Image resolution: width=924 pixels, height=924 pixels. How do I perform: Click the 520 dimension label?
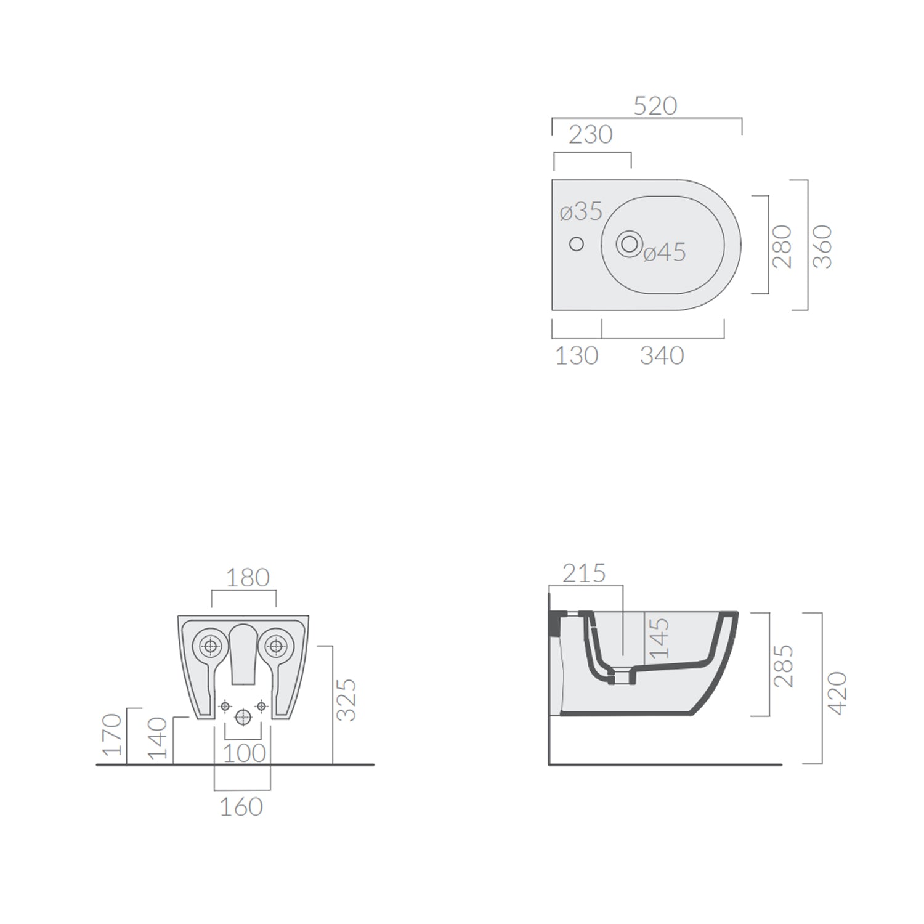coord(655,107)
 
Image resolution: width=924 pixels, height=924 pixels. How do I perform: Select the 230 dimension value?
coord(590,135)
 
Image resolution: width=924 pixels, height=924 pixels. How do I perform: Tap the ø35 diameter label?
coord(581,211)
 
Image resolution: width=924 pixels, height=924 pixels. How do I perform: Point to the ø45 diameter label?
coord(665,253)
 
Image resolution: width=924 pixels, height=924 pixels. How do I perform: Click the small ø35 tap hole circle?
coord(576,245)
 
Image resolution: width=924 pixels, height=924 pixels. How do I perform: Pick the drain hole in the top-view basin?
coord(629,244)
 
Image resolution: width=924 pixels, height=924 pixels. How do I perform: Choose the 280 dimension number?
coord(782,246)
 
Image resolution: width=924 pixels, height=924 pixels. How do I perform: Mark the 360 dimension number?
coord(822,246)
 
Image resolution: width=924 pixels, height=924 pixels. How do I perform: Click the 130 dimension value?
coord(577,356)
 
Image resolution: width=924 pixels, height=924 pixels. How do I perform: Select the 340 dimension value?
coord(662,356)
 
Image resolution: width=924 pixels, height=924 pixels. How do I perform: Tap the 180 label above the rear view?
coord(248,578)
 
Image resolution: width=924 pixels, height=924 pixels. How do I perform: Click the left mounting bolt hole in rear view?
coord(211,646)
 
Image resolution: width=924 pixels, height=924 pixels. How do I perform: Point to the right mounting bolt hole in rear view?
coord(275,646)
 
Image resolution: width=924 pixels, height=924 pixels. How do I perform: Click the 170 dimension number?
coord(113,734)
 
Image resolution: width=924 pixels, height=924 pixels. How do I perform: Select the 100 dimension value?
coord(244,753)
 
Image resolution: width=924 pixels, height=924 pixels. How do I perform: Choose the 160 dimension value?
coord(241,807)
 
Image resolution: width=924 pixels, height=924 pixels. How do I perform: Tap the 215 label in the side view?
coord(584,573)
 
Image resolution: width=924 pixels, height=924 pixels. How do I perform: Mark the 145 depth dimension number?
coord(659,638)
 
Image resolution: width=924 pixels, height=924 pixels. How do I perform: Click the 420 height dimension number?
coord(837,693)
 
